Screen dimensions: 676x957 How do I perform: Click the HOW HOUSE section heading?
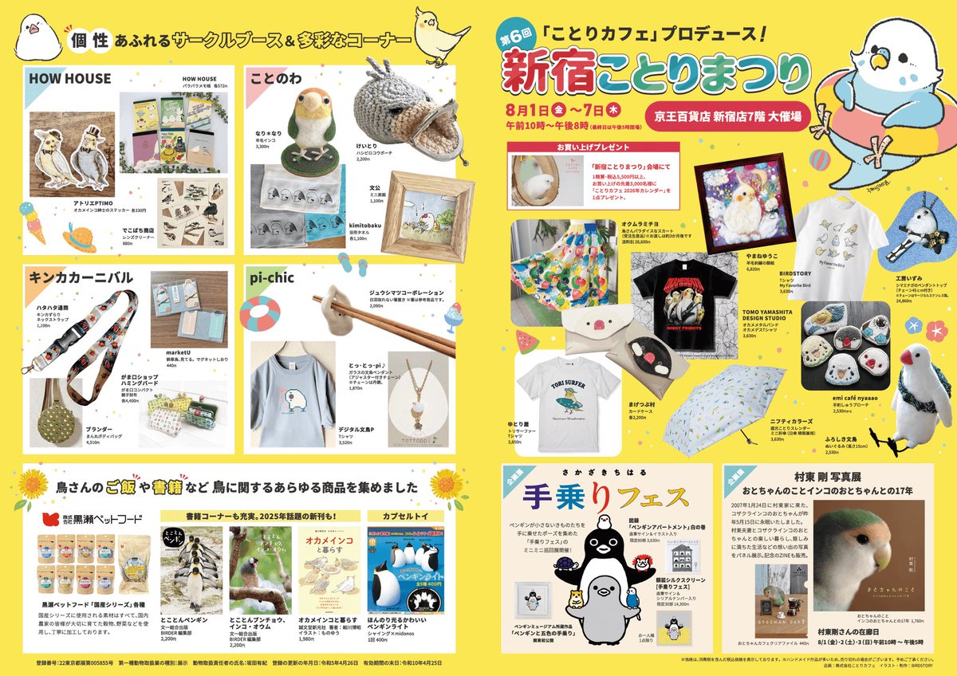pyautogui.click(x=70, y=78)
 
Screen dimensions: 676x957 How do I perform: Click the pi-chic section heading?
pyautogui.click(x=273, y=279)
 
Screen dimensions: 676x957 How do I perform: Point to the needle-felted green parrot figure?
pyautogui.click(x=306, y=128)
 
